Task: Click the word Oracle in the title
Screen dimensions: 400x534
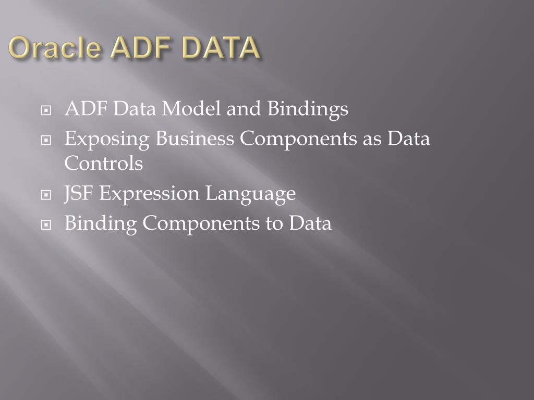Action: tap(55, 48)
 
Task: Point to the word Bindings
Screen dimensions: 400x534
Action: tap(308, 109)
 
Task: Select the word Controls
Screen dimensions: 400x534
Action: tap(103, 164)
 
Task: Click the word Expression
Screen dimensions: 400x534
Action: tap(149, 194)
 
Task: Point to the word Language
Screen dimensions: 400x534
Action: tap(250, 194)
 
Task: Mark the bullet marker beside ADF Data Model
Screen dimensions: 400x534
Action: tap(47, 110)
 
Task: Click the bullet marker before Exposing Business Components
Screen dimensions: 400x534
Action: tap(47, 140)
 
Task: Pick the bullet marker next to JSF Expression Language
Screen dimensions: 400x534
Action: tap(47, 195)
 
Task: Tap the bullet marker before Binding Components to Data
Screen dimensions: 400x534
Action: tap(47, 225)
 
